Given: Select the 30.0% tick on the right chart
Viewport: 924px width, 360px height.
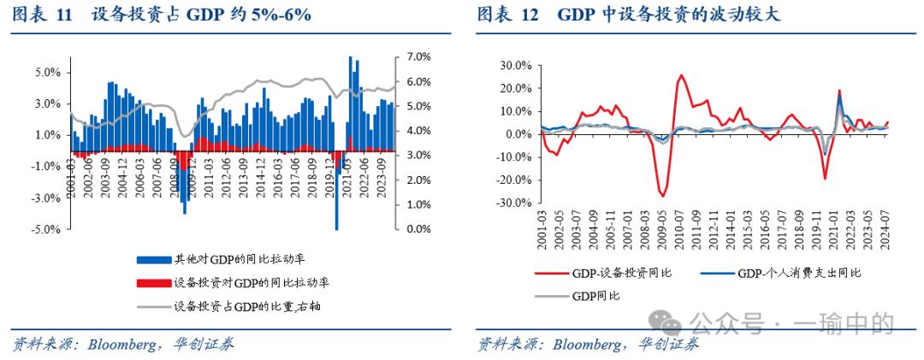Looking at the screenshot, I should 514,65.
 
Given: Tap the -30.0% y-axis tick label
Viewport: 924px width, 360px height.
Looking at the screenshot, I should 512,204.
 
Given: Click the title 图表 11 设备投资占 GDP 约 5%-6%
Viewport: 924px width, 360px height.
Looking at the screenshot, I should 162,15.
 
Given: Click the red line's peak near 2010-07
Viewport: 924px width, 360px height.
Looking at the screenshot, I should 681,75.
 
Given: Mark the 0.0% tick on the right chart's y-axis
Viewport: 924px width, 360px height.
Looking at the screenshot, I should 517,134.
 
